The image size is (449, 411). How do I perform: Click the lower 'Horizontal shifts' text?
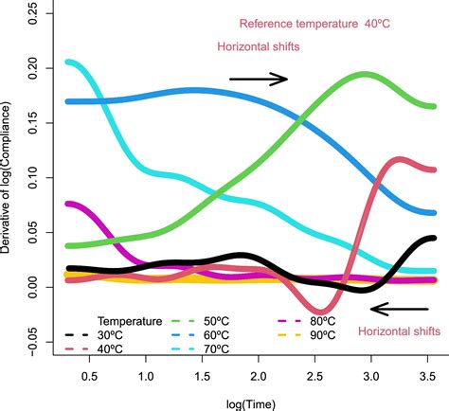pos(398,331)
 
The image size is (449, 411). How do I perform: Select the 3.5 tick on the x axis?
pos(425,375)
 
